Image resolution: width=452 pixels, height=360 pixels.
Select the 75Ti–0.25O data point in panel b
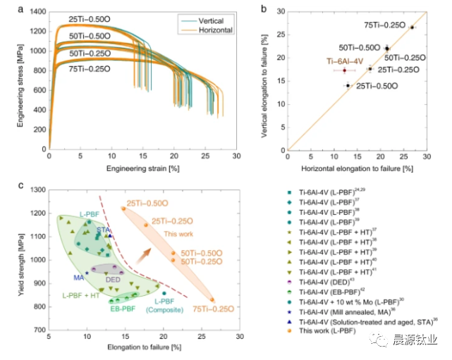412,27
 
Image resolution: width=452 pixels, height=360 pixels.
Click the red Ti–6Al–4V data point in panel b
344,70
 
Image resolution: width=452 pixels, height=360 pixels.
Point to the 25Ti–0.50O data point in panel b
348,85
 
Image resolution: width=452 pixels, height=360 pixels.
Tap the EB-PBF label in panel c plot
123,308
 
